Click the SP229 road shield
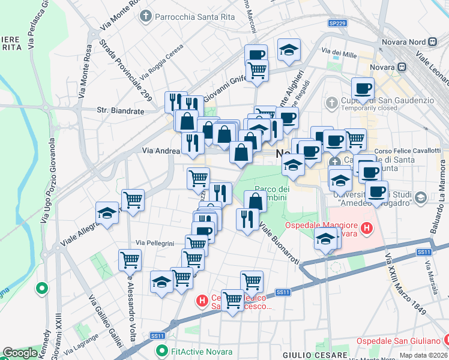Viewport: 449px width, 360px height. [337, 23]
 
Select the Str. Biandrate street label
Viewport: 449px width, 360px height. [120, 111]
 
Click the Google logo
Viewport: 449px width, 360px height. [20, 353]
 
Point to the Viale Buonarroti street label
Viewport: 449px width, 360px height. [280, 243]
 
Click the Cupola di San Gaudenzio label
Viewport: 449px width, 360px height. [386, 100]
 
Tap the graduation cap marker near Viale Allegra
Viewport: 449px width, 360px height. [107, 214]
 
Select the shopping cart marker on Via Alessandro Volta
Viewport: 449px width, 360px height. [130, 260]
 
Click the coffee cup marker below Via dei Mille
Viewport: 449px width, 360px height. [362, 89]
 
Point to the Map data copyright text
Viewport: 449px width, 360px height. [423, 355]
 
